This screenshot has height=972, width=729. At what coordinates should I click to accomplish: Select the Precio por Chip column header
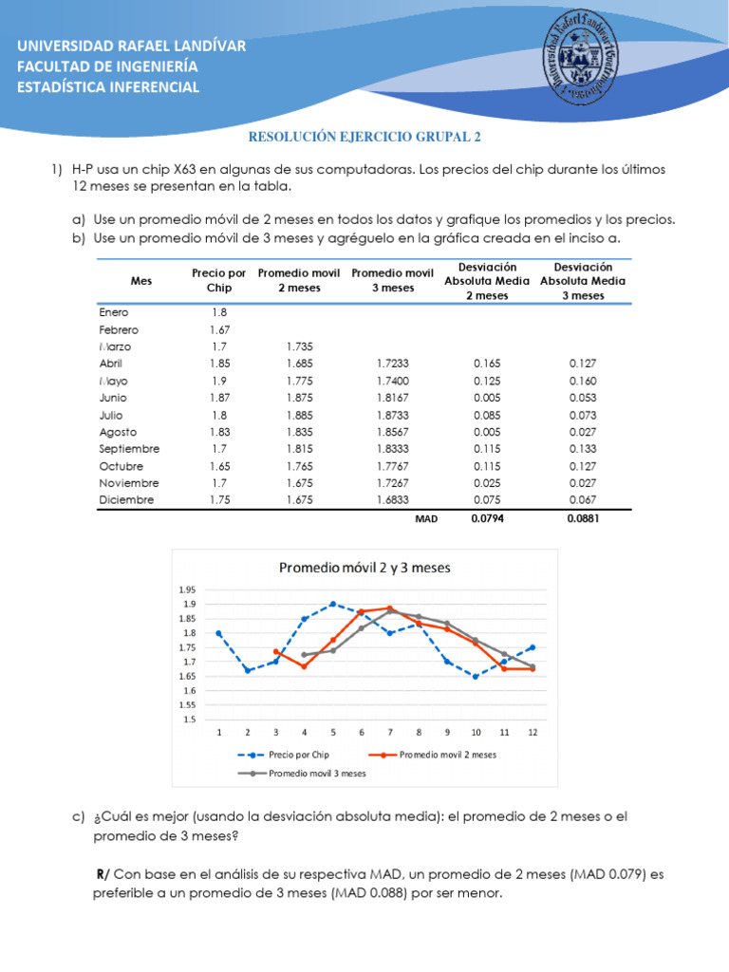[218, 280]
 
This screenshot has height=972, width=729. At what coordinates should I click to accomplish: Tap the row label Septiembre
[129, 449]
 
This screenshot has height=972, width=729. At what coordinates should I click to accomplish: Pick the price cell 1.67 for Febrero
[219, 329]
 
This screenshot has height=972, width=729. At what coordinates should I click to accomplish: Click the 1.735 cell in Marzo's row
[300, 346]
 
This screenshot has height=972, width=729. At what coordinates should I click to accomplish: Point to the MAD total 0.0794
[486, 519]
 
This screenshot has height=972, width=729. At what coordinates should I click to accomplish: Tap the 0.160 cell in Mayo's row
[582, 381]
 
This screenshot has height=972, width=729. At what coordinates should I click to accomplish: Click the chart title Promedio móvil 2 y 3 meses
[364, 568]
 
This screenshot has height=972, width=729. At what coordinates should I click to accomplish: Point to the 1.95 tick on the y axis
[187, 589]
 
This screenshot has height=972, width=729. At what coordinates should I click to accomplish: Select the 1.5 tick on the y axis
[189, 720]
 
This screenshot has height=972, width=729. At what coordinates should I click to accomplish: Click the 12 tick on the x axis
[533, 733]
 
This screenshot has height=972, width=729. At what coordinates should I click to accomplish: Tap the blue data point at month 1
[219, 633]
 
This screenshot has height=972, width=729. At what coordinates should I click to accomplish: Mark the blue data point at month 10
[476, 676]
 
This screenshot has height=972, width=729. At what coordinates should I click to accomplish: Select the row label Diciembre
[126, 500]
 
